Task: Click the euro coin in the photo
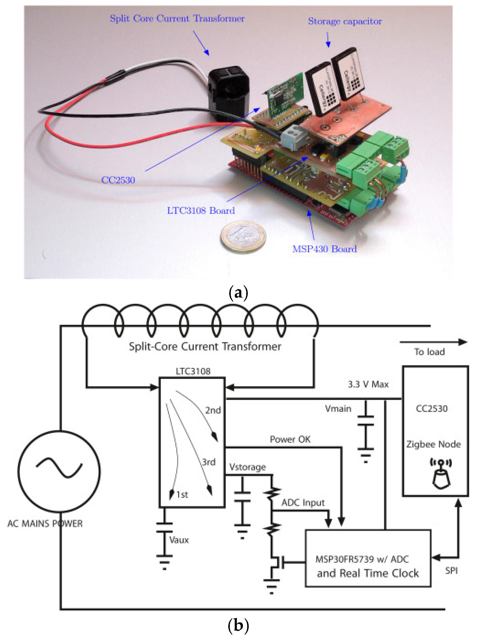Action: (x=243, y=237)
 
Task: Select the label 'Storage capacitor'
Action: (x=345, y=21)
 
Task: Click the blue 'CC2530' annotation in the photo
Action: (x=118, y=180)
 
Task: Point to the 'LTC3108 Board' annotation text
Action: (x=201, y=210)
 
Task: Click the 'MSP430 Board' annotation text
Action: (x=325, y=249)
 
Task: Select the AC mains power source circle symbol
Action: (x=59, y=471)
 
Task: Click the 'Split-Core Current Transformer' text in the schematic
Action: (x=205, y=346)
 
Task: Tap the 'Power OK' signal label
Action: (x=290, y=439)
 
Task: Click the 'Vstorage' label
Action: (x=247, y=467)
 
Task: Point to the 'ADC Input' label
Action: (x=303, y=503)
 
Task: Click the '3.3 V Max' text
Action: (x=368, y=384)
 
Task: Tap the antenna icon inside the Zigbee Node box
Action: (x=441, y=474)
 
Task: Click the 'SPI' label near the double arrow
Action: (x=451, y=570)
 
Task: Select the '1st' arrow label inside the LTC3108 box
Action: (x=182, y=495)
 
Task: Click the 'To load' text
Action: (x=429, y=352)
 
